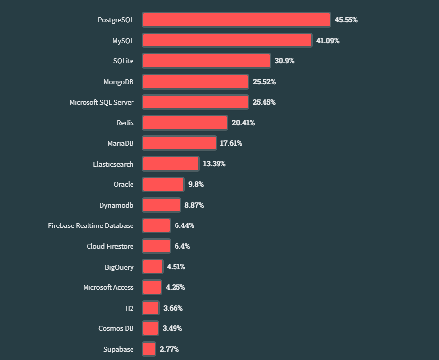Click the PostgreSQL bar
coord(236,20)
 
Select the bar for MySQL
coord(227,41)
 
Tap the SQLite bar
coord(207,61)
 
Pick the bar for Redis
coord(185,123)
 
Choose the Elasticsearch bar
coord(171,164)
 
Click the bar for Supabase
coord(149,349)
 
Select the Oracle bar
coord(163,184)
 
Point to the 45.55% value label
coord(346,20)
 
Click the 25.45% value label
coord(264,102)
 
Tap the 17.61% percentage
coord(231,143)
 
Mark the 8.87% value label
coord(194,205)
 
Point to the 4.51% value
coord(176,267)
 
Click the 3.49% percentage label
coord(172,328)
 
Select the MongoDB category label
coord(118,82)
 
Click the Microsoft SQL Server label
coord(101,102)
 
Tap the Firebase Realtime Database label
coord(91,225)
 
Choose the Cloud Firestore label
coord(110,246)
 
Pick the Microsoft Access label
coord(108,287)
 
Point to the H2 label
coord(129,308)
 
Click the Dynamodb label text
coord(116,205)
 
